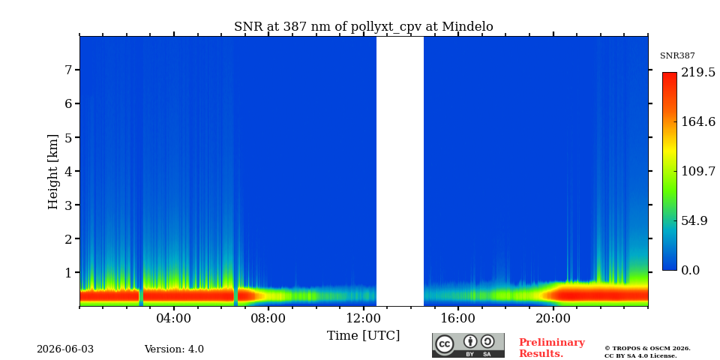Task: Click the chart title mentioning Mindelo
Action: click(364, 27)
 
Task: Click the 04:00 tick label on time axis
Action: click(174, 318)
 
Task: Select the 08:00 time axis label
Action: click(268, 318)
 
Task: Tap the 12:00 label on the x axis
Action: click(364, 318)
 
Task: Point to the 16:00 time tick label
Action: click(458, 318)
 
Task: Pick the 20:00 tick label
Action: click(553, 318)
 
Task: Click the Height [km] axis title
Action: click(53, 172)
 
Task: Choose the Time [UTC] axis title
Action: click(363, 336)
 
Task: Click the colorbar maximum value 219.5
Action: click(698, 72)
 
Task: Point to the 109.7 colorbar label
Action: click(698, 171)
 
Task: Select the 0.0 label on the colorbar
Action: click(690, 270)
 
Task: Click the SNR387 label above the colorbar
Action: click(677, 55)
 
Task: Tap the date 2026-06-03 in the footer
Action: click(65, 349)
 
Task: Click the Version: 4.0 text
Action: click(174, 349)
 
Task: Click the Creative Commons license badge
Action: click(468, 345)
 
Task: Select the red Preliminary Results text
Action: click(552, 348)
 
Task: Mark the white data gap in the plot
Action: click(400, 171)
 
